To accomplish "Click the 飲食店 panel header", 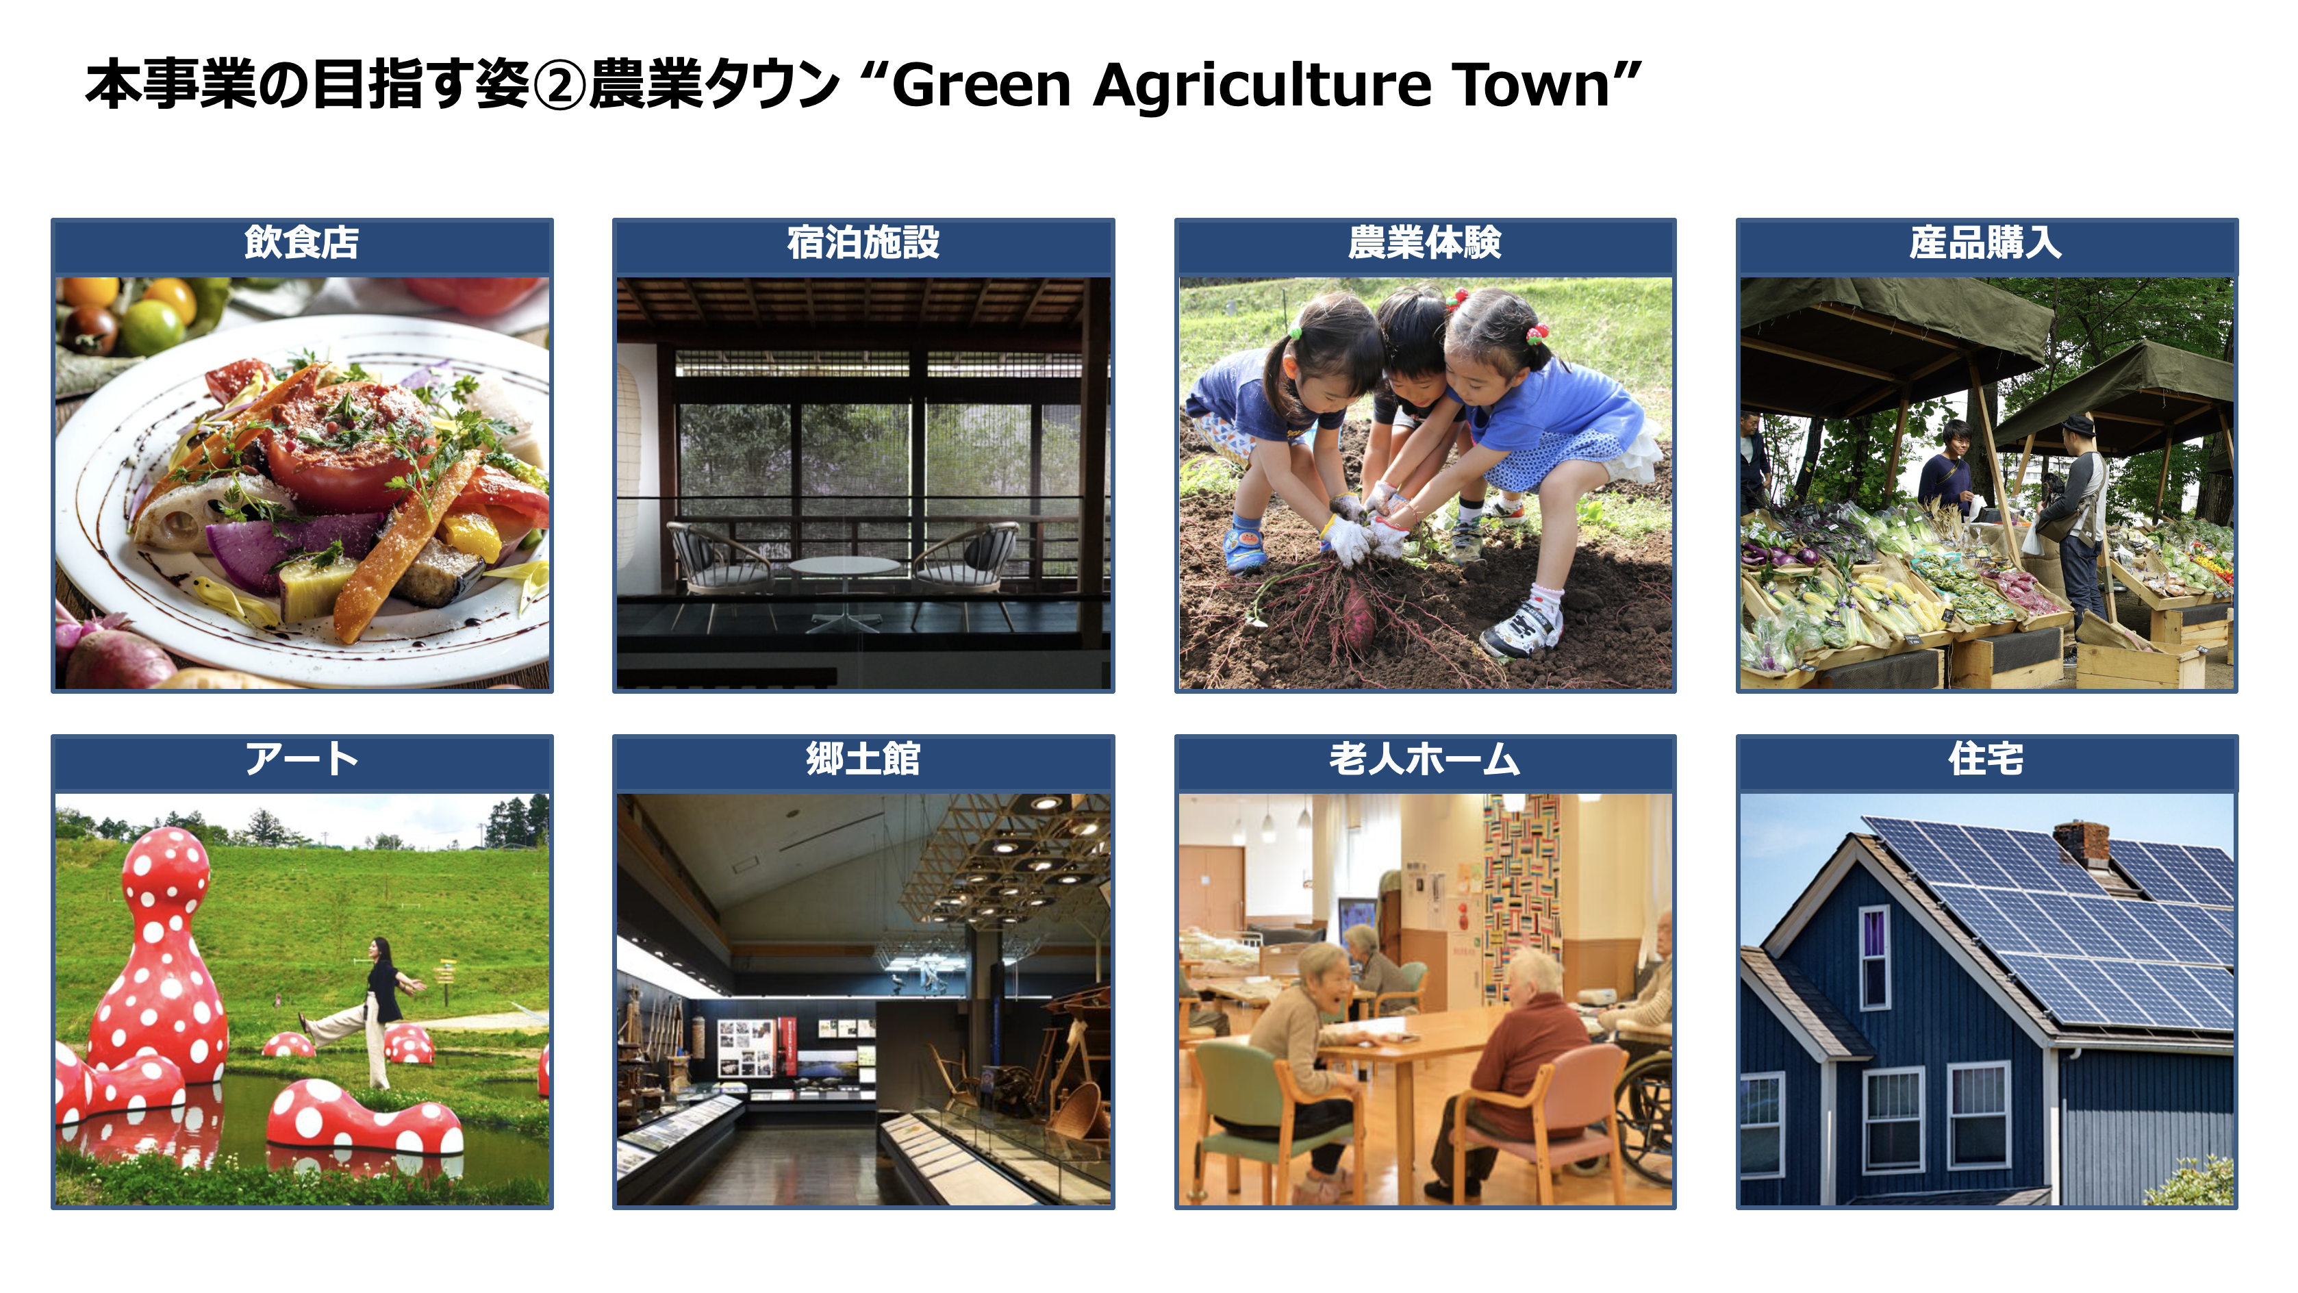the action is (x=301, y=242).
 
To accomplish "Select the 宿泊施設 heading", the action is (x=863, y=242).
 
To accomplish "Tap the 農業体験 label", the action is (x=1425, y=242).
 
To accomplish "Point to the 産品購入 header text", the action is (x=1986, y=242).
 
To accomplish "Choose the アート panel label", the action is (x=301, y=760).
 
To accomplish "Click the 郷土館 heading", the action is (x=863, y=760).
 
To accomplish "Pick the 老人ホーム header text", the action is (x=1425, y=760).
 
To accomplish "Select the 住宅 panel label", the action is (x=1986, y=760).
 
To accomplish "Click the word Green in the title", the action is (x=981, y=86).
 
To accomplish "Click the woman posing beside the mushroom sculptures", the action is (x=372, y=1011).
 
